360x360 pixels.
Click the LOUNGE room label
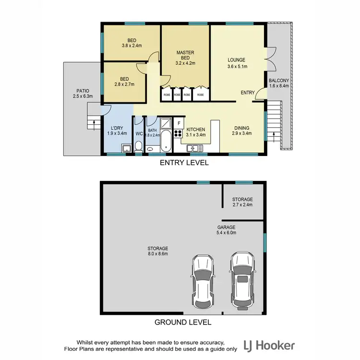(x=237, y=60)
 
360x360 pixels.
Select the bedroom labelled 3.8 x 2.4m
(x=132, y=43)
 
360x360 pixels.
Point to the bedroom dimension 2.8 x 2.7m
(x=124, y=84)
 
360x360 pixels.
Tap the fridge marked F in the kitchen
(x=179, y=123)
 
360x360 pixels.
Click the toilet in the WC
(x=139, y=145)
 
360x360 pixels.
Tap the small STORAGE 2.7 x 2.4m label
(x=242, y=202)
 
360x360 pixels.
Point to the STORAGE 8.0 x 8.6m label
(x=157, y=251)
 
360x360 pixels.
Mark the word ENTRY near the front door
(x=248, y=93)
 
